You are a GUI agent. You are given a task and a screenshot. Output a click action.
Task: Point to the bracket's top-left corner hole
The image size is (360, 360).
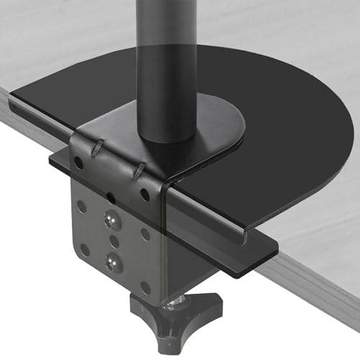pos(78,163)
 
